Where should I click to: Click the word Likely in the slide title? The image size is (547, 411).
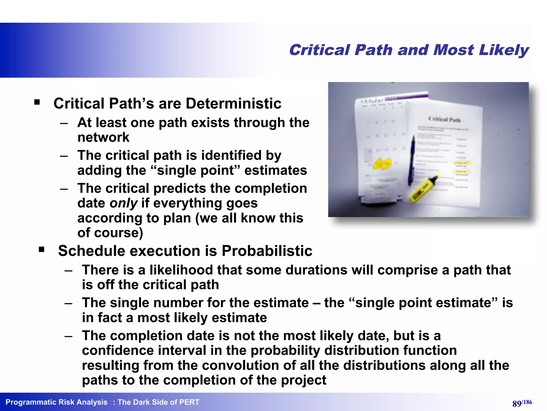coord(503,50)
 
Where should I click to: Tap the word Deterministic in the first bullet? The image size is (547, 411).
coord(233,104)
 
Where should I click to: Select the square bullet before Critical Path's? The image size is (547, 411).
coord(37,102)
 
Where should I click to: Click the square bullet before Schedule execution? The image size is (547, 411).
coord(41,249)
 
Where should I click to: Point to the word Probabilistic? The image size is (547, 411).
coord(267,251)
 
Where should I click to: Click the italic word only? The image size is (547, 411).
coord(124,203)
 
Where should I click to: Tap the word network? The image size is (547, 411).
coord(103,137)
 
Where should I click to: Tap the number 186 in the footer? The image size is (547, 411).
coord(528,402)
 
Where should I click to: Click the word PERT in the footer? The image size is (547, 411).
coord(189,402)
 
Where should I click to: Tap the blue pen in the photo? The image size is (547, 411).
coord(412,161)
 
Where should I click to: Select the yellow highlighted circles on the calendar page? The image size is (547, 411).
coord(382,164)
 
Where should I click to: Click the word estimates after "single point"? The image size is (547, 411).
coord(275,170)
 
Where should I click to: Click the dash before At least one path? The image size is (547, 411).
coord(64,123)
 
